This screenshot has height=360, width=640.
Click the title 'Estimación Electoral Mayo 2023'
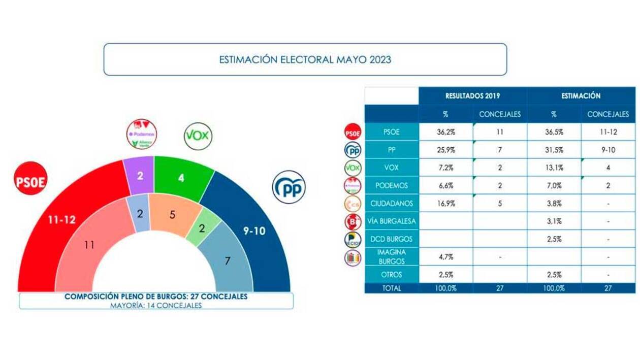[305, 59]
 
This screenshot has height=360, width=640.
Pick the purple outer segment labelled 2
[140, 175]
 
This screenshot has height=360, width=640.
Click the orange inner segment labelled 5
[173, 214]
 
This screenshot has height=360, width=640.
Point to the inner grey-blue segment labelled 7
[228, 261]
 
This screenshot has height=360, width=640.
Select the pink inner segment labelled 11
[90, 245]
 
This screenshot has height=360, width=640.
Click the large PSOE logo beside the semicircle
[30, 178]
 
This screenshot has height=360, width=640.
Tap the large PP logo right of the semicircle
[289, 187]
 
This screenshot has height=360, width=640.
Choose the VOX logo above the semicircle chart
[198, 136]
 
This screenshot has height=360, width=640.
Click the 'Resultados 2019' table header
[472, 95]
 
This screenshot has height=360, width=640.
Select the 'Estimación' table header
[581, 95]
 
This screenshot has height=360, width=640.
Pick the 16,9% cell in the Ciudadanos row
[445, 204]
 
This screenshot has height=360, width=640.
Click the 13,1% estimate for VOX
[554, 168]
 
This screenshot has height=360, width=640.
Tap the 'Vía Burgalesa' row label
[392, 221]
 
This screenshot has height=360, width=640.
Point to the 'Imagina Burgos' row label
[392, 256]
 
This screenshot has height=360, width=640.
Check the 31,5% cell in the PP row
[554, 150]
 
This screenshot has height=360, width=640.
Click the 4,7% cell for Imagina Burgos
[445, 257]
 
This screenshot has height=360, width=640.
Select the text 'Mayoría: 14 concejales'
[156, 305]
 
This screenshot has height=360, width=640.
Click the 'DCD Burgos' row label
[392, 239]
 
